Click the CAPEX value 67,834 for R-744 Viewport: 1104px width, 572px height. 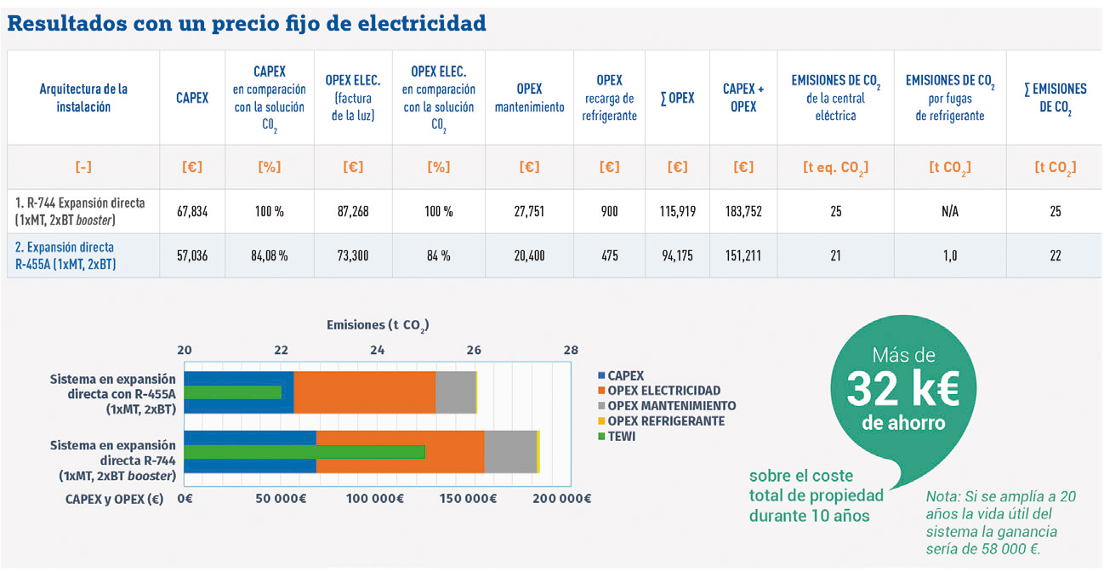pyautogui.click(x=192, y=211)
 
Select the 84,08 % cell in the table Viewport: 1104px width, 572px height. pyautogui.click(x=270, y=255)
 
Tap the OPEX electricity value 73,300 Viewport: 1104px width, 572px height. pyautogui.click(x=352, y=255)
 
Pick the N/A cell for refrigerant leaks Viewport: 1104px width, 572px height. pyautogui.click(x=950, y=211)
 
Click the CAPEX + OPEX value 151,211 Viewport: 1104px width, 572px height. pyautogui.click(x=743, y=255)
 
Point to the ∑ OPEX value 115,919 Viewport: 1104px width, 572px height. pyautogui.click(x=677, y=211)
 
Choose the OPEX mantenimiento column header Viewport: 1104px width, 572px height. pyautogui.click(x=529, y=98)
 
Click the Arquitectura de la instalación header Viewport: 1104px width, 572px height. pyautogui.click(x=83, y=98)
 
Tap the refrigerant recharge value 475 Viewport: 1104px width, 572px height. pyautogui.click(x=609, y=255)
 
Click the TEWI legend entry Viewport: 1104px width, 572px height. pyautogui.click(x=621, y=437)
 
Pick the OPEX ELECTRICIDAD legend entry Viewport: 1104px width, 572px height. pyautogui.click(x=663, y=391)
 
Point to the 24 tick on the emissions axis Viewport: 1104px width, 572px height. pyautogui.click(x=377, y=350)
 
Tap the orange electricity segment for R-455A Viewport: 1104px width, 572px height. pyautogui.click(x=364, y=392)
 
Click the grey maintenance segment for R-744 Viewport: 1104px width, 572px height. pyautogui.click(x=510, y=452)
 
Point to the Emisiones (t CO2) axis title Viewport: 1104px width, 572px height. pyautogui.click(x=378, y=325)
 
